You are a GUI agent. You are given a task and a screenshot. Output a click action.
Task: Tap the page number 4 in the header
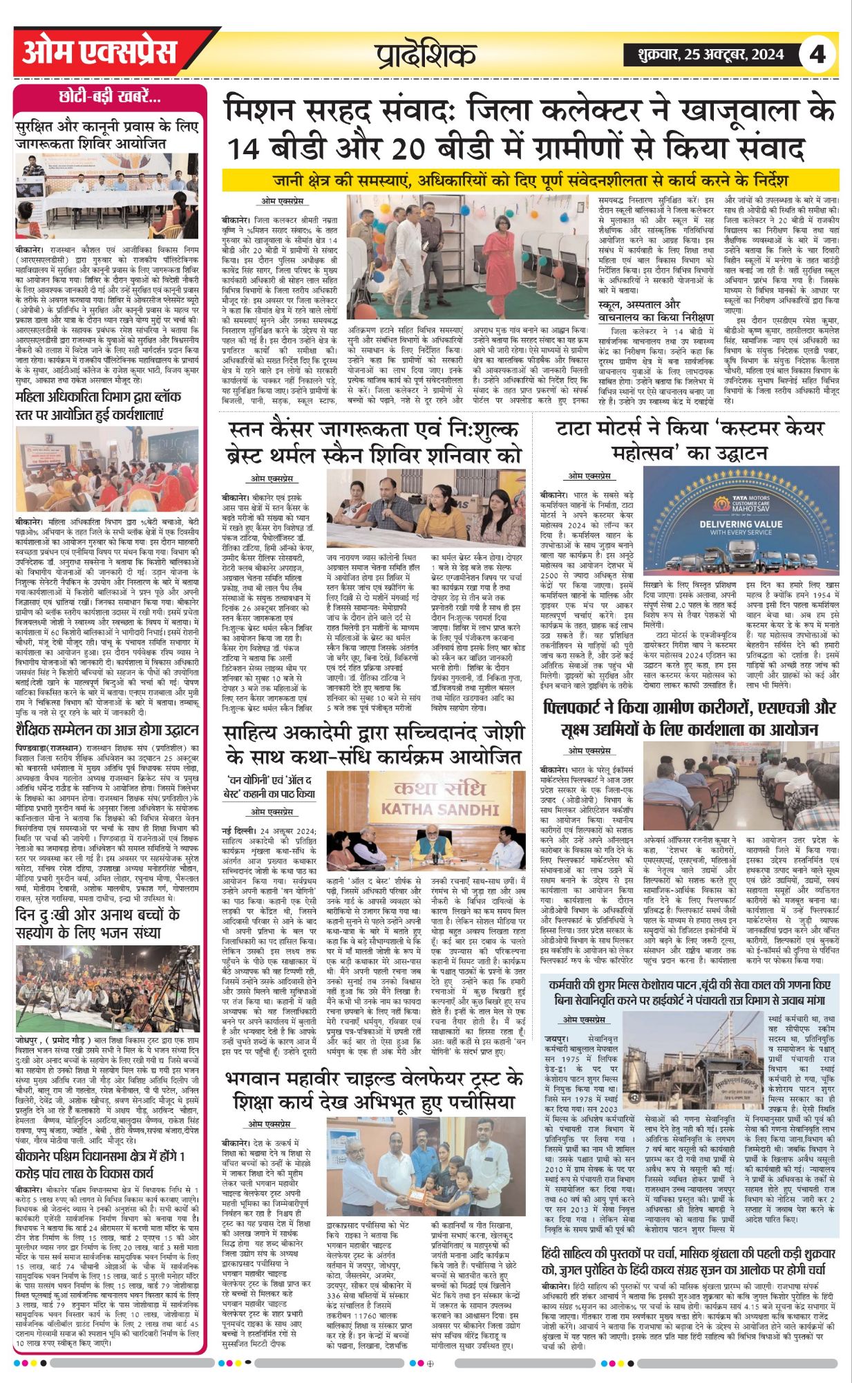click(817, 53)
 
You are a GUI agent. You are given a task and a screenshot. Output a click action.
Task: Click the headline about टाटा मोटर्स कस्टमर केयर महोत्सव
click(690, 440)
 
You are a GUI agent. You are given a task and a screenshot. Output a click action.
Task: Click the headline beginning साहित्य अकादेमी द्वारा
click(374, 743)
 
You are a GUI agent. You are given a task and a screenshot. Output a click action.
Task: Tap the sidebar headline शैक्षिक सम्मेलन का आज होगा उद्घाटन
click(107, 730)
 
